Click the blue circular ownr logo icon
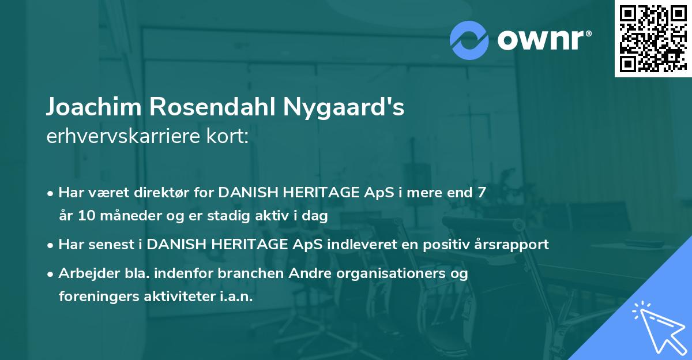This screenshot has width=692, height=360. pyautogui.click(x=470, y=40)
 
